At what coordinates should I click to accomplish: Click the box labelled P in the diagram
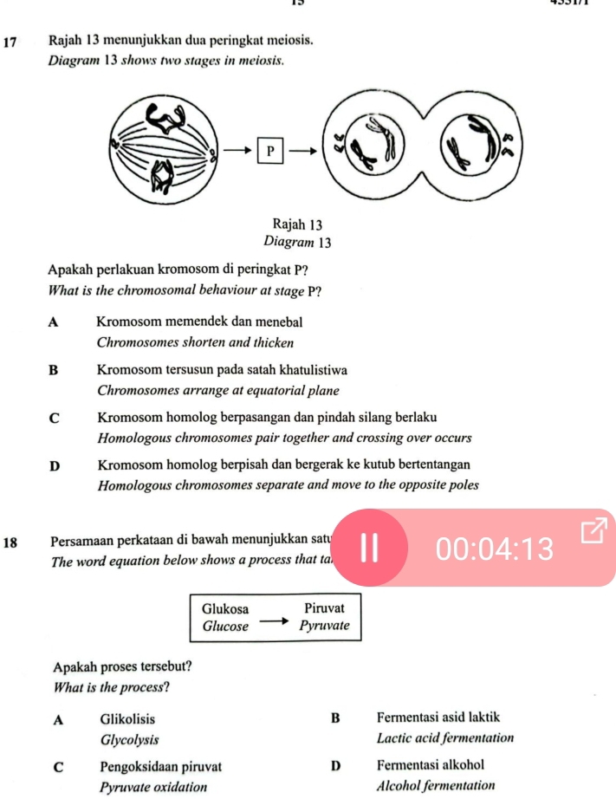click(x=269, y=151)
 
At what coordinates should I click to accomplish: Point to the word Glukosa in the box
click(x=224, y=609)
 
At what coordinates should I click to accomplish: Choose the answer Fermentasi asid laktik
click(x=438, y=718)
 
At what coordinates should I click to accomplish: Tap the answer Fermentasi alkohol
click(x=430, y=766)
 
